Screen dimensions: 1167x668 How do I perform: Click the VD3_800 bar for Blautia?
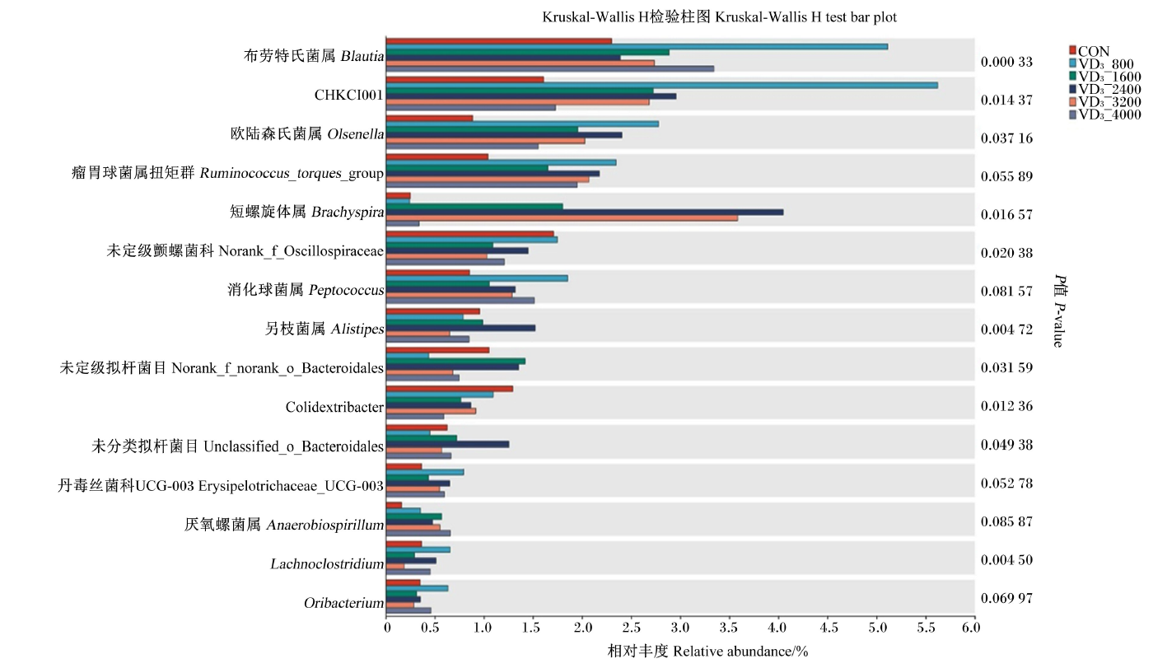pyautogui.click(x=637, y=47)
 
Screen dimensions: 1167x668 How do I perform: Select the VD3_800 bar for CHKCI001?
pyautogui.click(x=662, y=86)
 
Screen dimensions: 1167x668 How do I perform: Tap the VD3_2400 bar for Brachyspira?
pyautogui.click(x=585, y=213)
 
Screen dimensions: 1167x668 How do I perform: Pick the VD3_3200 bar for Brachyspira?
pyautogui.click(x=562, y=218)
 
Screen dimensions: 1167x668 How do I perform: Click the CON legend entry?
pyautogui.click(x=1090, y=51)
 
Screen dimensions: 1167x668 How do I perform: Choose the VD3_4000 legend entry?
pyautogui.click(x=1105, y=114)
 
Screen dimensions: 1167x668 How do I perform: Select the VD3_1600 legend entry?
pyautogui.click(x=1105, y=77)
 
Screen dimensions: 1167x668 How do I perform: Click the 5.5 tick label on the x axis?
pyautogui.click(x=925, y=628)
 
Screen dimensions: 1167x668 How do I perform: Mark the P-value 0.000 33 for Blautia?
pyautogui.click(x=1006, y=62)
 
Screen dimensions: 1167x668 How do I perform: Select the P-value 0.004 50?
pyautogui.click(x=1006, y=560)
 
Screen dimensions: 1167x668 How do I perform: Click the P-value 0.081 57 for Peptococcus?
pyautogui.click(x=1006, y=292)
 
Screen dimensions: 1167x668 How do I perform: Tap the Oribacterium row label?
pyautogui.click(x=344, y=603)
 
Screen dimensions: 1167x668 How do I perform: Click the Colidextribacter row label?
pyautogui.click(x=334, y=407)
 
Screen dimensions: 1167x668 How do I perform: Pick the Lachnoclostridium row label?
pyautogui.click(x=327, y=563)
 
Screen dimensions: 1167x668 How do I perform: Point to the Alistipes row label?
pyautogui.click(x=324, y=329)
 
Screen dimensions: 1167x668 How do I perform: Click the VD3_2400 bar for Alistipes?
pyautogui.click(x=461, y=329)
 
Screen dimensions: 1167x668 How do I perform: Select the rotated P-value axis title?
pyautogui.click(x=1059, y=311)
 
